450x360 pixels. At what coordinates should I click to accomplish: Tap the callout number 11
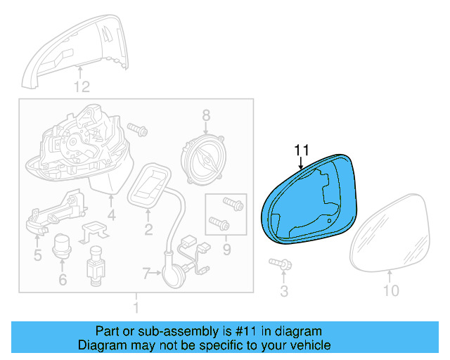point(302,150)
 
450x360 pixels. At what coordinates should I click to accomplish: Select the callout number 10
point(390,290)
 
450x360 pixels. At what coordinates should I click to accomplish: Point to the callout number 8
point(206,115)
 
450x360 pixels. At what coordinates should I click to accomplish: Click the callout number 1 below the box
point(136,307)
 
